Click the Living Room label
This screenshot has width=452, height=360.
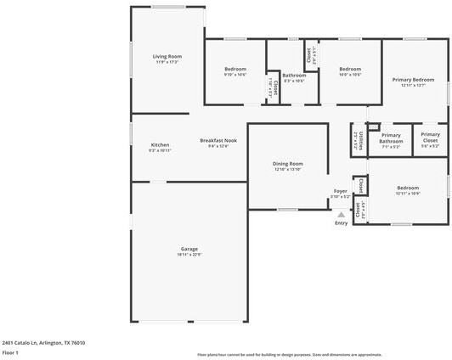pos(168,56)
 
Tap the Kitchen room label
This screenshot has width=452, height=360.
pos(160,144)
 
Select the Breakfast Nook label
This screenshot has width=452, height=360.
pos(218,140)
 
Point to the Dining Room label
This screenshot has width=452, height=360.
pos(287,163)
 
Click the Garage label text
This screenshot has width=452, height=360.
pos(189,249)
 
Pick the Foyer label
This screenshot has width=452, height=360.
pos(340,191)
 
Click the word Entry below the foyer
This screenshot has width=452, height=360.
pos(341,223)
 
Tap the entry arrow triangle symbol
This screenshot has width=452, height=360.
pos(341,214)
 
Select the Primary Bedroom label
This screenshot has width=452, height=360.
pos(414,80)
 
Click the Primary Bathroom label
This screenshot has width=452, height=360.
pos(391,138)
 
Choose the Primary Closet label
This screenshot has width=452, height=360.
pos(430,138)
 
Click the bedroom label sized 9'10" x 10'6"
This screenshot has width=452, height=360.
pos(235,69)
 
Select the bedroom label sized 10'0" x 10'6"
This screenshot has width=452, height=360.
pos(350,69)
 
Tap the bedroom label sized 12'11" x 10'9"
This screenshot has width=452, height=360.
pos(407,188)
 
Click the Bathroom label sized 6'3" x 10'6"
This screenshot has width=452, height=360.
pos(294,75)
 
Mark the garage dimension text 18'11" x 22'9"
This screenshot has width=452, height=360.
pos(189,254)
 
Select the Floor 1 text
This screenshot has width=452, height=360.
pos(10,352)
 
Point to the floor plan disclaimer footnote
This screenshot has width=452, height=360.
pos(289,355)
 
